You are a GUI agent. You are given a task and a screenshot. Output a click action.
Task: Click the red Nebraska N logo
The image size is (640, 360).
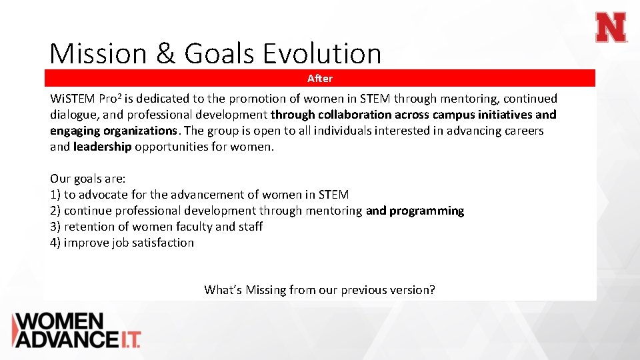611,28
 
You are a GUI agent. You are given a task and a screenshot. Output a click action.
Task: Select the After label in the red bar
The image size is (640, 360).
319,79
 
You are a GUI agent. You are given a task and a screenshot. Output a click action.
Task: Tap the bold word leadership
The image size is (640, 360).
102,147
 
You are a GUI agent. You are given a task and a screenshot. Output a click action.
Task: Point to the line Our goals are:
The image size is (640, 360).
87,179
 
